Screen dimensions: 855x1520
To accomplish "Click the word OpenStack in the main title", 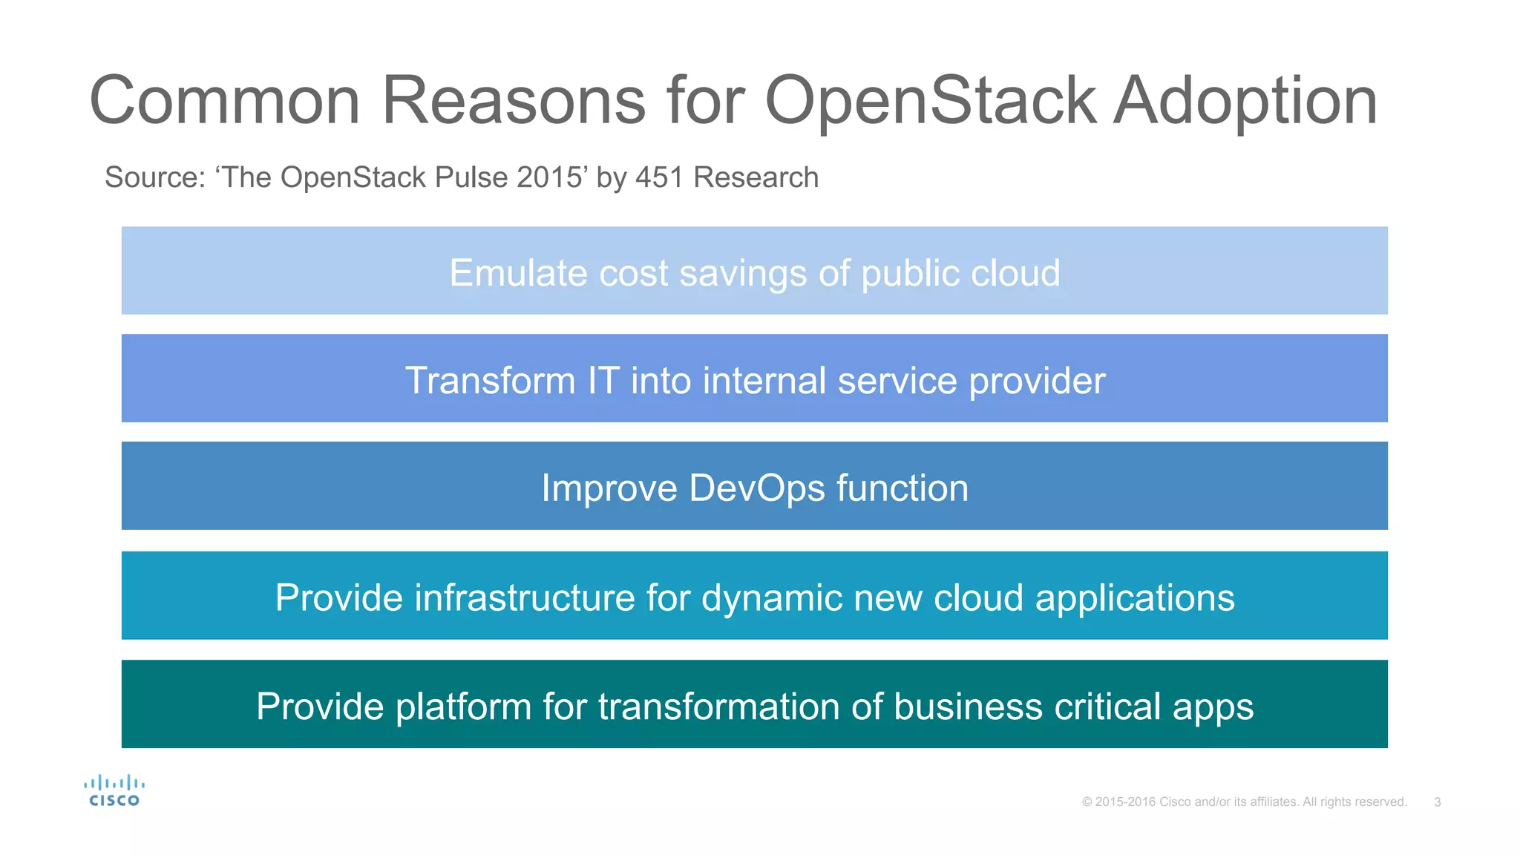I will point(930,102).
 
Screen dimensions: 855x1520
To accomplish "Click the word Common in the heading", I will point(225,102).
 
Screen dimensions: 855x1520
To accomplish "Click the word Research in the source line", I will point(756,178).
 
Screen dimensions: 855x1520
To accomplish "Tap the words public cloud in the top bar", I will point(960,273).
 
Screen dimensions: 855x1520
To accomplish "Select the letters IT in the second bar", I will point(603,381).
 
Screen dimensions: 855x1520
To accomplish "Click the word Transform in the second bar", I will point(490,381).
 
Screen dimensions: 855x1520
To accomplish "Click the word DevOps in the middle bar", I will point(756,488).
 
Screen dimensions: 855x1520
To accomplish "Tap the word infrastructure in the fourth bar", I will point(525,598).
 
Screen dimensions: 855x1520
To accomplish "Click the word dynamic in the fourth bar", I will point(771,598).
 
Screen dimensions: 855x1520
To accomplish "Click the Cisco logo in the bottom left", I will point(114,790).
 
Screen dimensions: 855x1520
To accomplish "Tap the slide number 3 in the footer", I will point(1437,802).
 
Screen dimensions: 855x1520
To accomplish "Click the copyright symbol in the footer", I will point(1087,802).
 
